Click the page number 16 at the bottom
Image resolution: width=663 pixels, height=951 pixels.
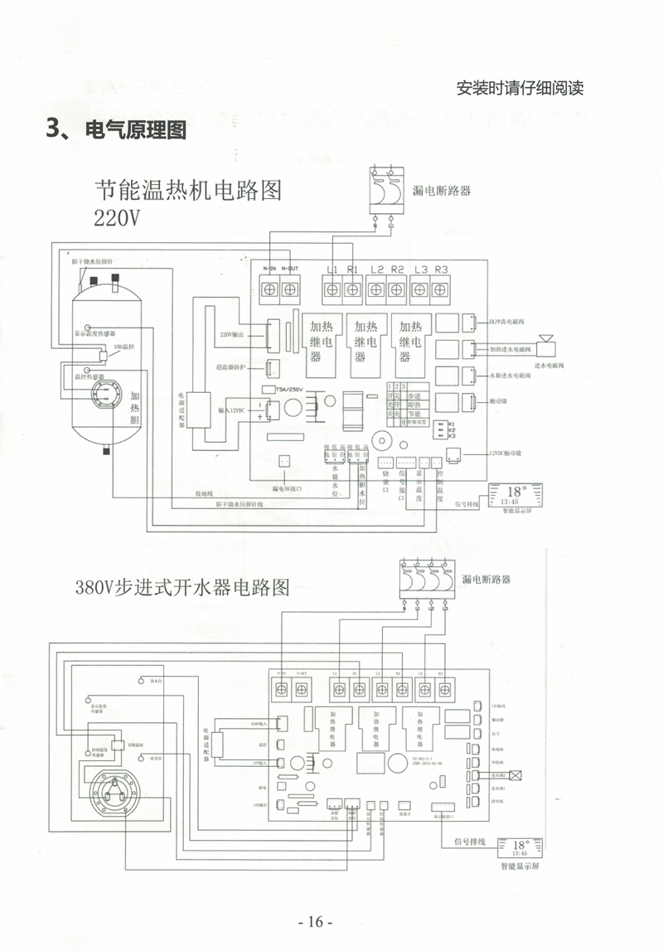click(314, 922)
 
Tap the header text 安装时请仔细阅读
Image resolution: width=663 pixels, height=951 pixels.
click(520, 88)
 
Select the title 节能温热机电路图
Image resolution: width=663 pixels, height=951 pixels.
click(188, 192)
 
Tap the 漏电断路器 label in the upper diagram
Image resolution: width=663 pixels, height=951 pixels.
click(442, 190)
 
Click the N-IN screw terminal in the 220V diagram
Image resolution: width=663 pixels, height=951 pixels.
click(269, 289)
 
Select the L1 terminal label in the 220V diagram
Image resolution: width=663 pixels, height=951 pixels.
click(332, 269)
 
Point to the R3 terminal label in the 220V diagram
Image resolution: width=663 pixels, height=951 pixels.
click(441, 269)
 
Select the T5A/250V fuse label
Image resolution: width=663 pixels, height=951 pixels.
click(284, 389)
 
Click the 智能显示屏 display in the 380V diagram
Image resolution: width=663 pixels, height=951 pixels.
click(520, 849)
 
